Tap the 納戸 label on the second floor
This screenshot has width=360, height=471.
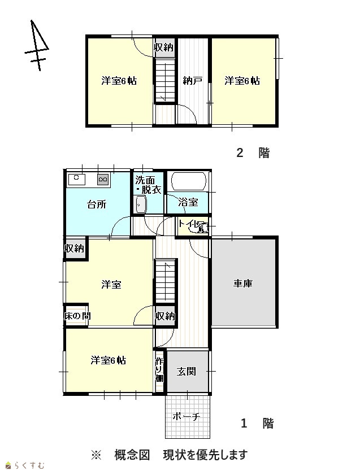pyautogui.click(x=192, y=81)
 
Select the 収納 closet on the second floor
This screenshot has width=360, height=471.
pyautogui.click(x=164, y=47)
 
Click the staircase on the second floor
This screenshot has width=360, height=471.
pyautogui.click(x=164, y=81)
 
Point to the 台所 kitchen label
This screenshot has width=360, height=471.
pyautogui.click(x=97, y=204)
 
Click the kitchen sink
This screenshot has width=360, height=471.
pyautogui.click(x=77, y=180)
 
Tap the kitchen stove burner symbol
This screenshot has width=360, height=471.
pyautogui.click(x=103, y=180)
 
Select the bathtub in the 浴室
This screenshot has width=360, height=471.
pyautogui.click(x=189, y=181)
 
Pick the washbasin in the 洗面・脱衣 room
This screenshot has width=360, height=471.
pyautogui.click(x=141, y=205)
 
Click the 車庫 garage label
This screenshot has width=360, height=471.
pyautogui.click(x=243, y=284)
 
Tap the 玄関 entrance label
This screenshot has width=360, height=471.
pyautogui.click(x=186, y=372)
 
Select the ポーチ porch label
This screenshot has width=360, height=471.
pyautogui.click(x=186, y=417)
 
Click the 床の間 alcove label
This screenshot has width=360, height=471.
pyautogui.click(x=77, y=316)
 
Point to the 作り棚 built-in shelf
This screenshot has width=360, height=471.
pyautogui.click(x=159, y=370)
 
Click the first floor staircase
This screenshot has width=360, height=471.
pyautogui.click(x=164, y=280)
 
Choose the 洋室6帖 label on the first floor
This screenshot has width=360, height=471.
pyautogui.click(x=109, y=360)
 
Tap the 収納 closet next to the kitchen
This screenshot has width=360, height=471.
pyautogui.click(x=74, y=248)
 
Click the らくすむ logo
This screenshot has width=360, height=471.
pyautogui.click(x=25, y=465)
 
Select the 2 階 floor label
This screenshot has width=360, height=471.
pyautogui.click(x=253, y=153)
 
